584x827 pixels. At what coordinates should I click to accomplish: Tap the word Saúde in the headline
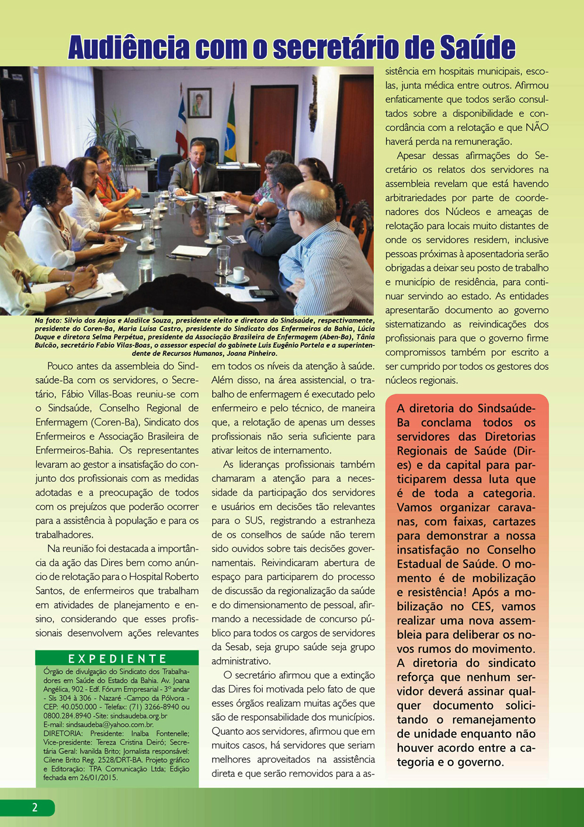(476, 47)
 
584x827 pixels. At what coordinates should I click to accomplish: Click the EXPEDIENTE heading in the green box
(117, 659)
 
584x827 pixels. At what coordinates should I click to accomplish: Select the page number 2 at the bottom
(34, 807)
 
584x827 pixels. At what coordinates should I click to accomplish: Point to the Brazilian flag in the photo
(231, 132)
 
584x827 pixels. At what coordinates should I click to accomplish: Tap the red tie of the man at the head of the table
(196, 178)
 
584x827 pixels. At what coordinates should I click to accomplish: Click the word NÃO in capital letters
(537, 127)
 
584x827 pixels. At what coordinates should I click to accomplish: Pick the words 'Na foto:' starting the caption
(47, 320)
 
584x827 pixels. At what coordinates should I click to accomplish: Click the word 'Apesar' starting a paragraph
(411, 155)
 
